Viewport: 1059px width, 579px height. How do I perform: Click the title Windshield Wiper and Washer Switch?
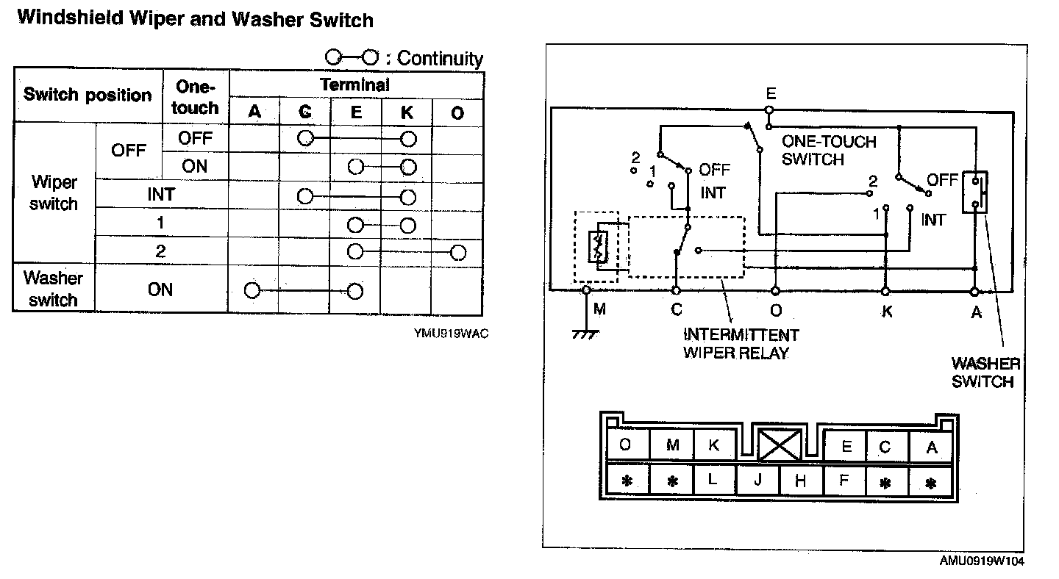[195, 19]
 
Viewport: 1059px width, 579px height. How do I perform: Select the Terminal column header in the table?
[355, 84]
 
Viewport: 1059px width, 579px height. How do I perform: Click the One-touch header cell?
[195, 97]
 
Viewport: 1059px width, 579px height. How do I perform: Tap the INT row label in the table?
[160, 194]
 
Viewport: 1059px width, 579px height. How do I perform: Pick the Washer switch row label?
[54, 289]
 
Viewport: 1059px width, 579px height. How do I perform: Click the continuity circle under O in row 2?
[458, 253]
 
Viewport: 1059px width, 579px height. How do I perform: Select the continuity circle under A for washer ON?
[252, 290]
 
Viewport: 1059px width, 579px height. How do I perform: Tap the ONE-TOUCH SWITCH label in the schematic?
[829, 150]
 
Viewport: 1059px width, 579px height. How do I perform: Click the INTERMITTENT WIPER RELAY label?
[741, 344]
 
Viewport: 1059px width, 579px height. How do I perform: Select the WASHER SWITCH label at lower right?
[985, 373]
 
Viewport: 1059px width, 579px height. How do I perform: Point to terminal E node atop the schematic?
[768, 111]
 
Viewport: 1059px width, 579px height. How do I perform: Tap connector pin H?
[801, 481]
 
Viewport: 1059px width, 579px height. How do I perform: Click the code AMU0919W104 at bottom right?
[982, 561]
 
